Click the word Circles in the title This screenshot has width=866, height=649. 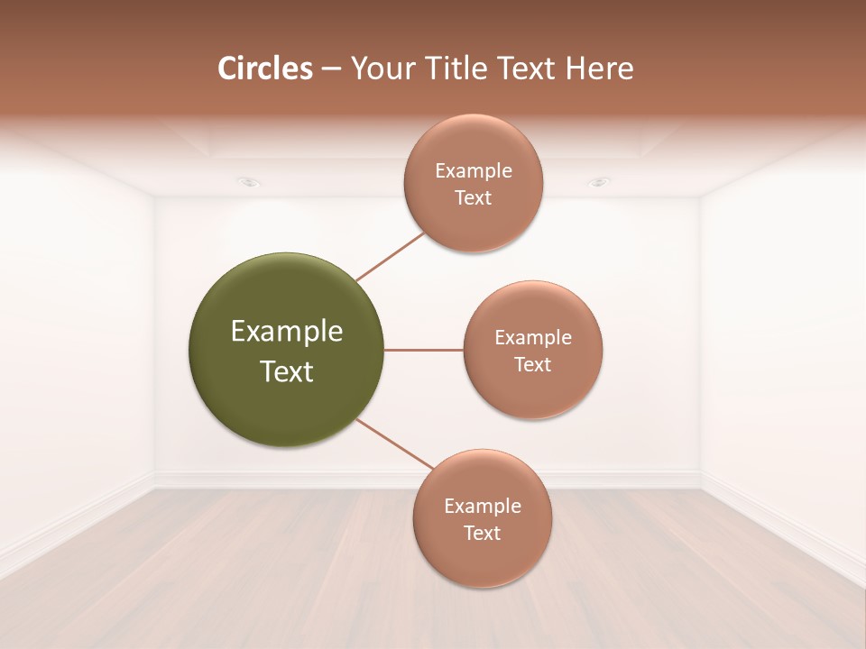[265, 69]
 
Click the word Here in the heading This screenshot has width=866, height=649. [599, 69]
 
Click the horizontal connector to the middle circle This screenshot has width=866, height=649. [424, 350]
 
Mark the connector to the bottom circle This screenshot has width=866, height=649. [394, 443]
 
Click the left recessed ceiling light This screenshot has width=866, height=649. [249, 182]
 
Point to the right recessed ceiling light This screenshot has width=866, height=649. [598, 182]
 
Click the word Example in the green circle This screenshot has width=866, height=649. [287, 332]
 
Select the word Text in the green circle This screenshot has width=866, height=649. [287, 371]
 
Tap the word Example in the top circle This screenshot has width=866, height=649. [473, 171]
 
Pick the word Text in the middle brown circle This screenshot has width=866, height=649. [533, 365]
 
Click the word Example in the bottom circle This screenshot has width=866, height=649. [482, 507]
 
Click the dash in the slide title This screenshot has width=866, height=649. [331, 69]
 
